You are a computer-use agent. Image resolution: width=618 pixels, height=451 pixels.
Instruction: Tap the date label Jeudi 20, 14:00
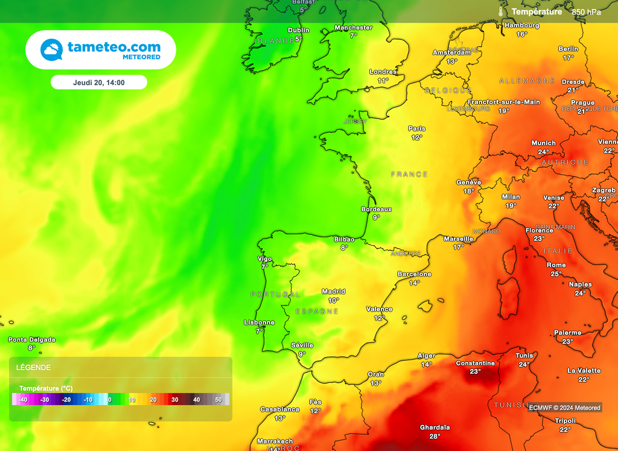pos(99,82)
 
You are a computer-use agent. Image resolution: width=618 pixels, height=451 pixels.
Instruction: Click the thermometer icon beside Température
pos(500,11)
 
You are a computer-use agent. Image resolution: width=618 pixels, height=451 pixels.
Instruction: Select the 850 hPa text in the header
pos(587,12)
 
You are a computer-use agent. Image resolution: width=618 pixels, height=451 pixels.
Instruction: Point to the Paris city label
pos(416,129)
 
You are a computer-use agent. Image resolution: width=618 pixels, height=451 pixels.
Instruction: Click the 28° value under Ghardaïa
pos(435,436)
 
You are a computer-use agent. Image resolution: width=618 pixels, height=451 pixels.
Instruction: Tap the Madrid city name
pos(333,292)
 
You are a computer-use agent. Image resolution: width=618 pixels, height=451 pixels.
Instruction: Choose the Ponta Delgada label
pos(31,340)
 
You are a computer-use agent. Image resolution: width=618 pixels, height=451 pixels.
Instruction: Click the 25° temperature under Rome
pos(556,274)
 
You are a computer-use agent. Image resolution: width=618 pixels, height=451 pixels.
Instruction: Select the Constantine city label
pos(475,363)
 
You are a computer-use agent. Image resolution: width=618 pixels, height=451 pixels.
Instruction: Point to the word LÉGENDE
pos(33,368)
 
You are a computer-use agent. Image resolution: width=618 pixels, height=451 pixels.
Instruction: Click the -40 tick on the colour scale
pos(23,400)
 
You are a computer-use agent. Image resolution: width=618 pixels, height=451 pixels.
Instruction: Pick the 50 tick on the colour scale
pos(218,400)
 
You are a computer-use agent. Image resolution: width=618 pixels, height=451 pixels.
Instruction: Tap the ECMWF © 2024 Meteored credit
pos(564,408)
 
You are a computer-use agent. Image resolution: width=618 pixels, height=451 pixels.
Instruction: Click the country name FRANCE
pos(409,174)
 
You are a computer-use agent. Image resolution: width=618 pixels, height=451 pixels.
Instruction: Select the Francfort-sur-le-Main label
pos(504,102)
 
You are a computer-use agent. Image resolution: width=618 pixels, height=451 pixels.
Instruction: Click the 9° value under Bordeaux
pos(376,217)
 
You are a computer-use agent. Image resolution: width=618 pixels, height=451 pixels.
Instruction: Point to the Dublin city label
pos(298,30)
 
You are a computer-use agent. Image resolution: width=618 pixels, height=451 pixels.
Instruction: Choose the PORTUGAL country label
pos(275,295)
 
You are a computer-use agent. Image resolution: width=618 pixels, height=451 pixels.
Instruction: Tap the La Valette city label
pos(584,371)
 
